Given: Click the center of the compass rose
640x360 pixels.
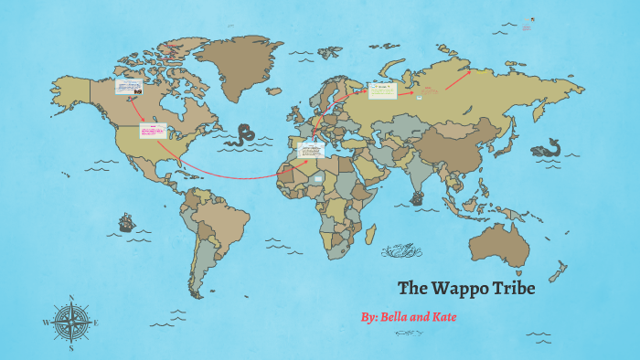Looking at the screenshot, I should click(x=71, y=322).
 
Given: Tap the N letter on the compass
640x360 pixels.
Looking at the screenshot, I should click(x=71, y=297).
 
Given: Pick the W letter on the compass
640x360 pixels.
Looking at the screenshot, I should click(x=46, y=323).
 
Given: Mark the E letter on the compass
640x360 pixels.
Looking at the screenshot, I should click(x=96, y=323).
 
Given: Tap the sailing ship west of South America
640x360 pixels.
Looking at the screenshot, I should click(x=126, y=222).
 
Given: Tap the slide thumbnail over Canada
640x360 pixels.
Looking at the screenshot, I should click(x=128, y=88).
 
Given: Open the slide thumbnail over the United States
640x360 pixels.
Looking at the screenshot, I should click(x=151, y=132).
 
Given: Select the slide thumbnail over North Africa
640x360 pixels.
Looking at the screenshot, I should click(x=311, y=151).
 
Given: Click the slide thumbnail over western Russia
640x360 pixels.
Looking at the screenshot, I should click(x=380, y=90).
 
